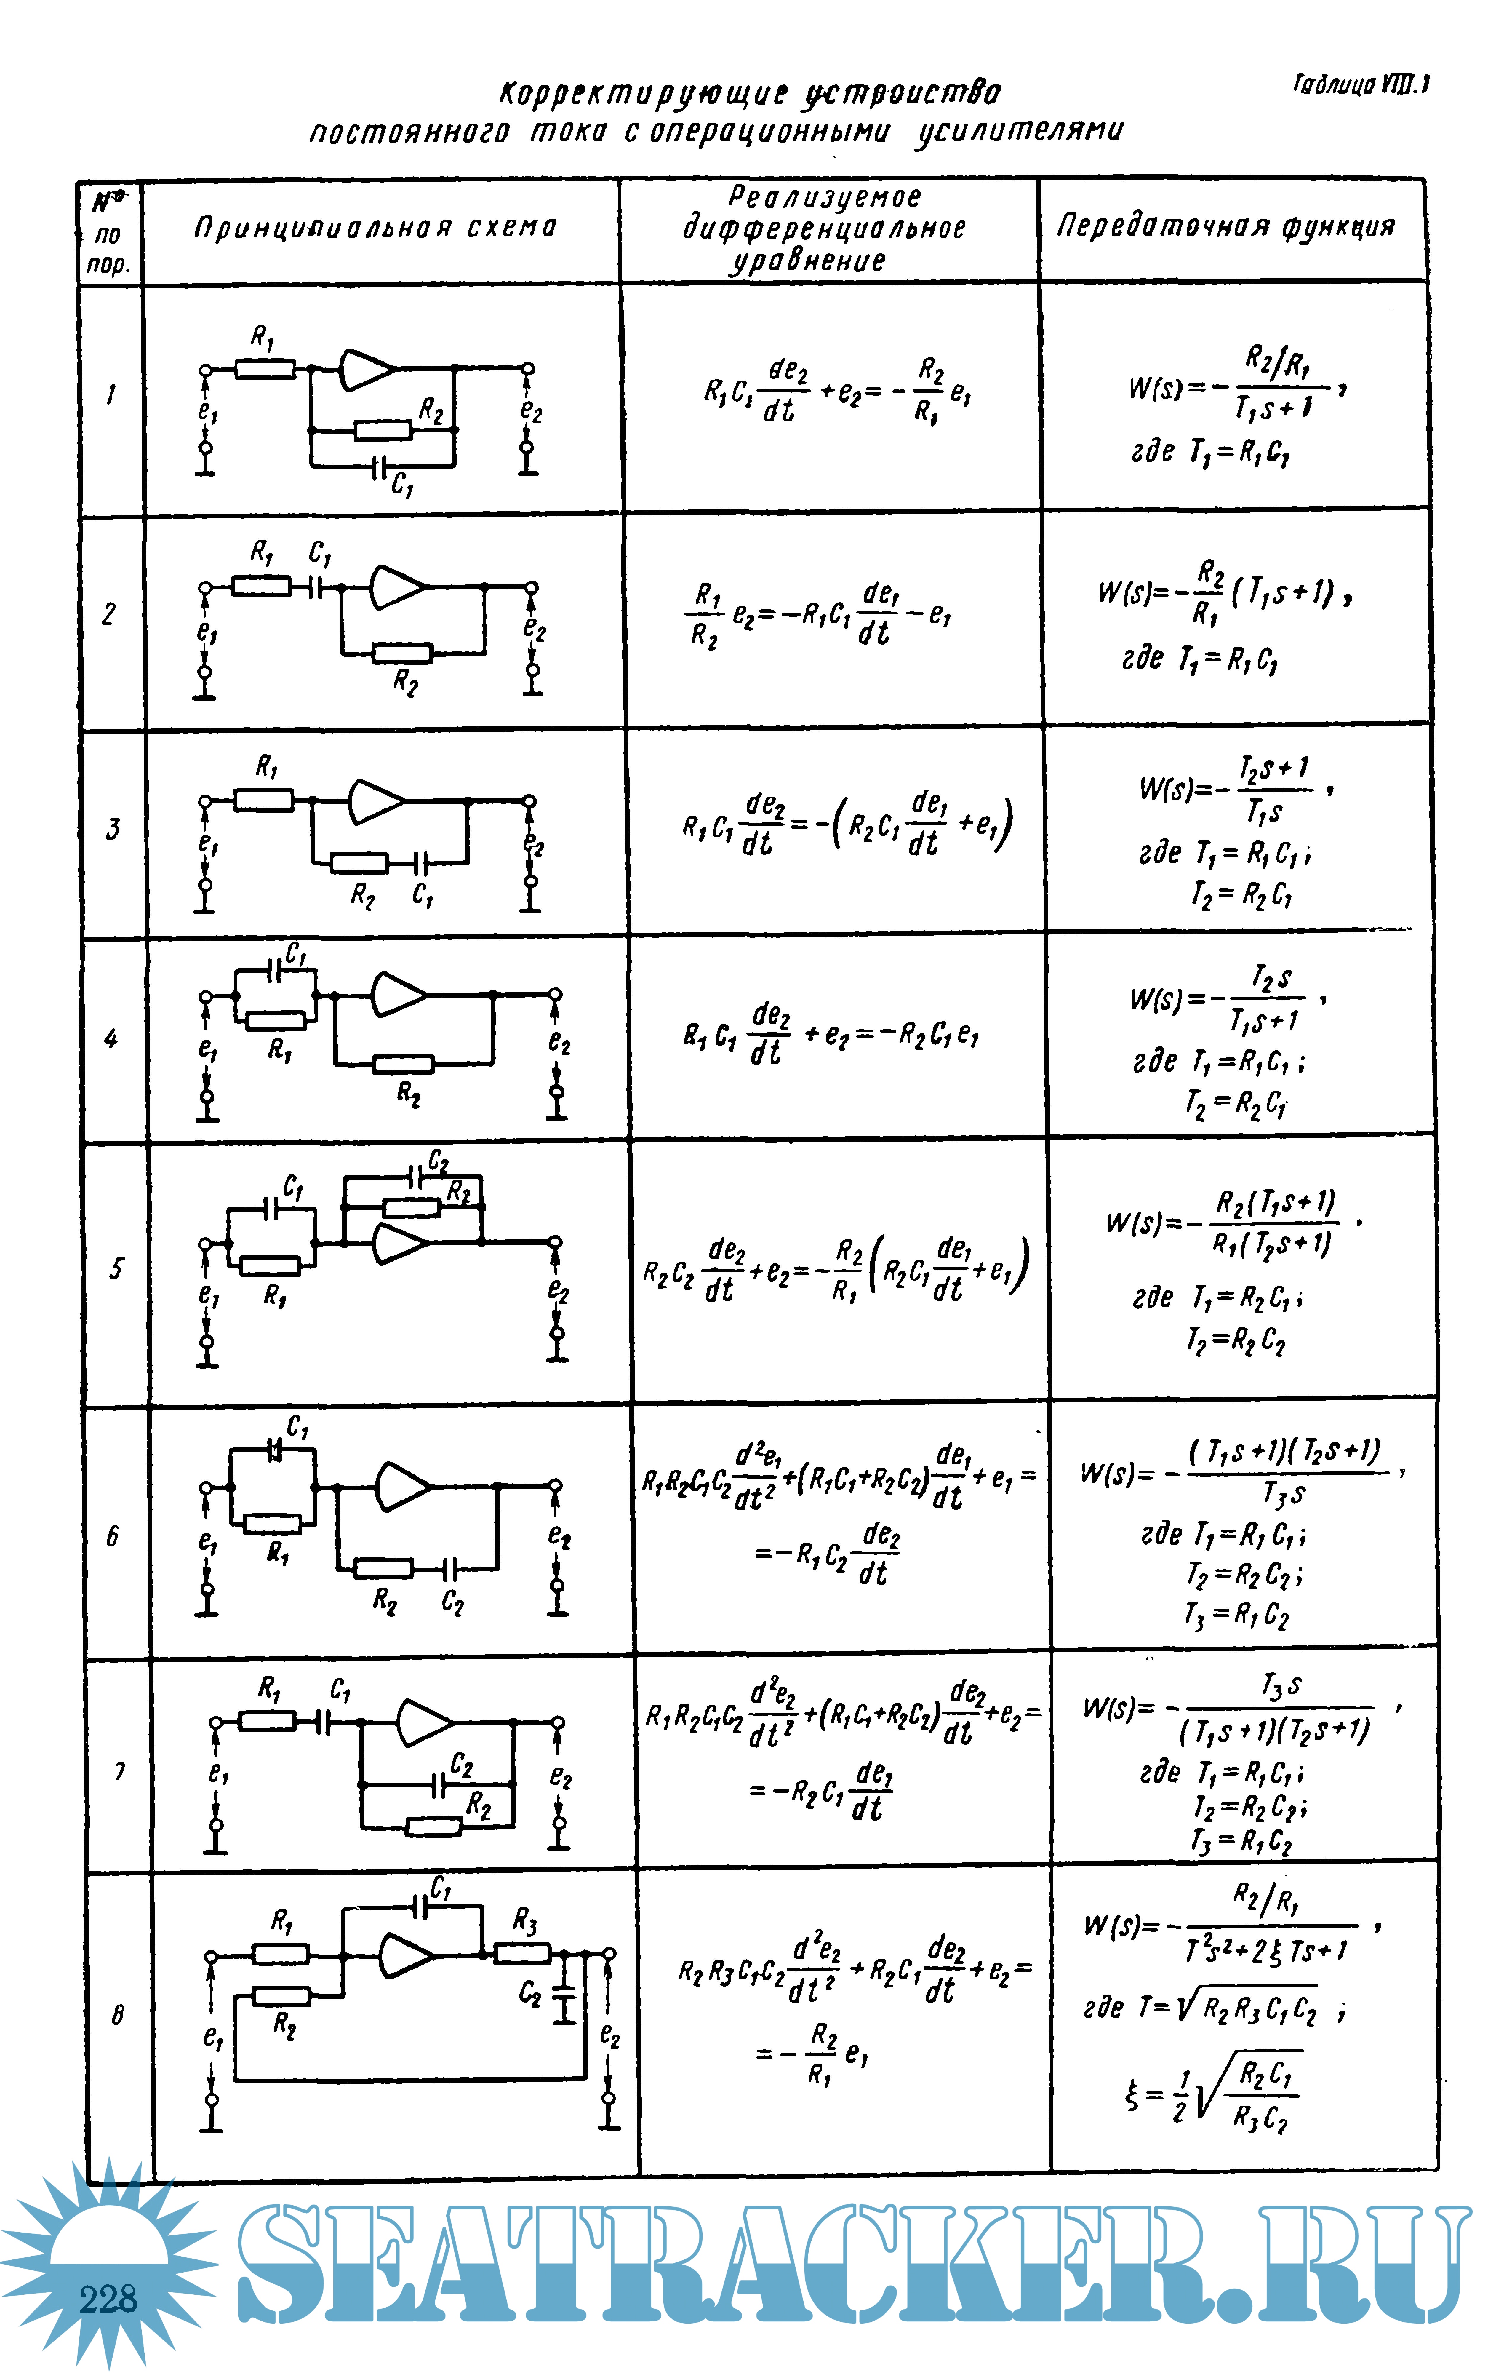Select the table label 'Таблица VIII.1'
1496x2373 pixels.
pyautogui.click(x=1360, y=86)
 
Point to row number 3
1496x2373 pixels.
pyautogui.click(x=112, y=829)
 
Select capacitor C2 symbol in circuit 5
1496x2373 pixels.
pyautogui.click(x=415, y=1177)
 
